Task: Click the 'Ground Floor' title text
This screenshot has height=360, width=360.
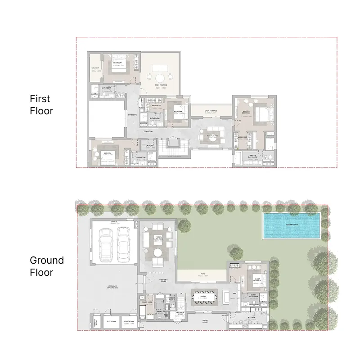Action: point(47,266)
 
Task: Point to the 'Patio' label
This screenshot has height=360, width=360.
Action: point(203,273)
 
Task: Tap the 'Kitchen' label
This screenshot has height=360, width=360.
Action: point(251,318)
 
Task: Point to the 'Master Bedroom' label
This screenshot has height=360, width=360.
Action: point(246,112)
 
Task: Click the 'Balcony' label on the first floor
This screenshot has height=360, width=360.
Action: point(95,68)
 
